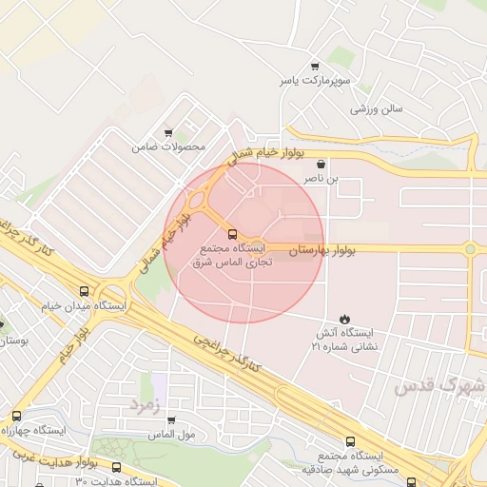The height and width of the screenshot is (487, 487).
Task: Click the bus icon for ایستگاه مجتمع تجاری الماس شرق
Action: coord(232,233)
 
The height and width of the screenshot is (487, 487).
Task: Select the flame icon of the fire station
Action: coord(344,320)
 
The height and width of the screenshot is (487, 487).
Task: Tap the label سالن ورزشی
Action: coord(377,108)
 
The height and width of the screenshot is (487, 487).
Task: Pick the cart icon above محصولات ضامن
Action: coord(169,133)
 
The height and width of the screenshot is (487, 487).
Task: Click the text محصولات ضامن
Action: coord(170,147)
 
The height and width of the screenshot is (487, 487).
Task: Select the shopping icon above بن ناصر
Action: coord(321,164)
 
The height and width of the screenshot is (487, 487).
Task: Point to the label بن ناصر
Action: coord(320,178)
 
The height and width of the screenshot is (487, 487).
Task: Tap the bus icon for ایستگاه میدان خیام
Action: coord(85,291)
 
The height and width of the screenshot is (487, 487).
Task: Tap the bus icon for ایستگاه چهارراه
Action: coord(16,416)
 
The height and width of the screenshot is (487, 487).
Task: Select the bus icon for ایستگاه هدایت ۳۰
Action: coord(116,468)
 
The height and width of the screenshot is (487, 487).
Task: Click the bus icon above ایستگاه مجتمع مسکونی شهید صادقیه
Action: coord(350,441)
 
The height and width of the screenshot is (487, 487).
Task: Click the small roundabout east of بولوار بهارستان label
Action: coord(469,249)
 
